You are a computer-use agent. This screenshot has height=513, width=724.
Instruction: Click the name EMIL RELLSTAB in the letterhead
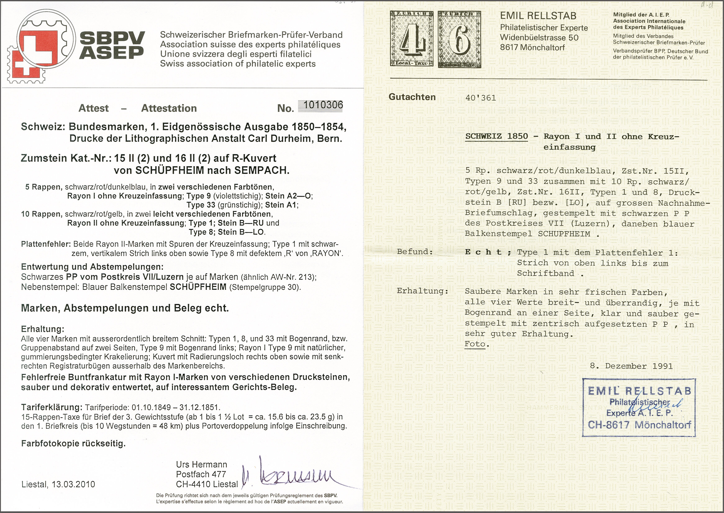point(538,16)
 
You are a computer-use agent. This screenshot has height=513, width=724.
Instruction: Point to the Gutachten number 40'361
point(481,98)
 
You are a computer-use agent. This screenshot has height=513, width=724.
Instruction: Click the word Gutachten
point(412,97)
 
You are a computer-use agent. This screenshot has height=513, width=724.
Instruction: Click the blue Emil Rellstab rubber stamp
point(639,407)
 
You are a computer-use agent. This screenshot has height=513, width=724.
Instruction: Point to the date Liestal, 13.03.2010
point(58,484)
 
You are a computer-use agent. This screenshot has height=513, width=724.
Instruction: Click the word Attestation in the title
point(169,108)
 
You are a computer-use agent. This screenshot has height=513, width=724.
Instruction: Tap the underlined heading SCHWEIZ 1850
point(497,137)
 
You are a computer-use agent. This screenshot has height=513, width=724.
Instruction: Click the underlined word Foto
point(475,344)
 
